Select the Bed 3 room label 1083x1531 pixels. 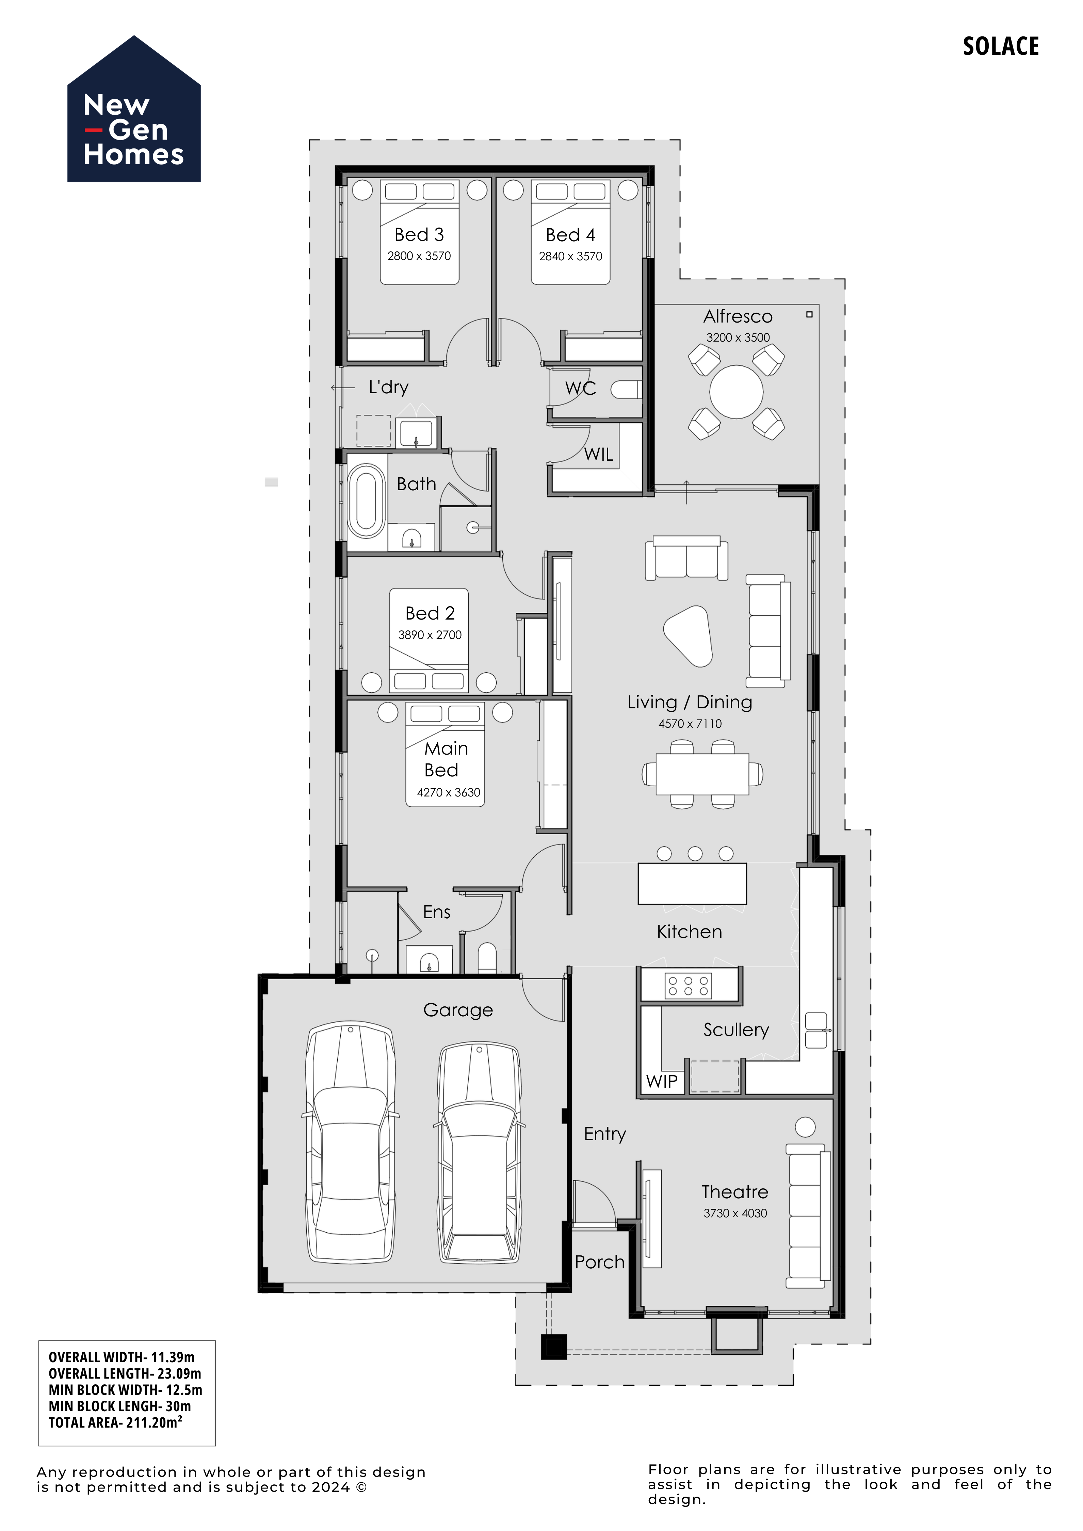click(419, 235)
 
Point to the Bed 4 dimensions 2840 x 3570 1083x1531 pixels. click(570, 256)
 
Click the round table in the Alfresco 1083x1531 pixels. click(736, 391)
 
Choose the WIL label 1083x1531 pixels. click(598, 455)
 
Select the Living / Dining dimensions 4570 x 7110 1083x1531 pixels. click(690, 724)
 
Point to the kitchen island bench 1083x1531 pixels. click(692, 884)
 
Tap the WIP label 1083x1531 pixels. click(662, 1082)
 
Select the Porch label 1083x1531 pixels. click(599, 1262)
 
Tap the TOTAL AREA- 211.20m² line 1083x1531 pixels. click(115, 1423)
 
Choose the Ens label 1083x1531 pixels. click(437, 912)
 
